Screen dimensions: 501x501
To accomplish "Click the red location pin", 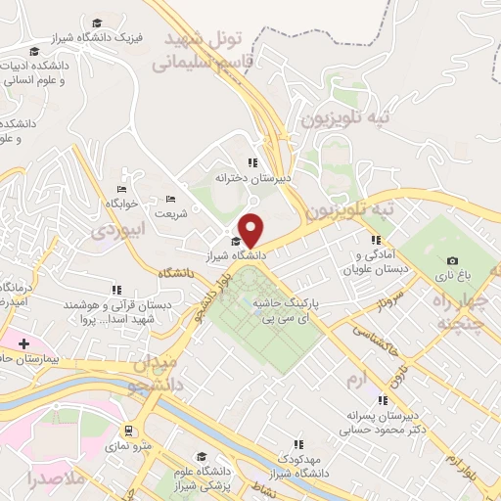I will [x=251, y=229].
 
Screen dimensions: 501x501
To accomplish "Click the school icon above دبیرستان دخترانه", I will [x=252, y=163].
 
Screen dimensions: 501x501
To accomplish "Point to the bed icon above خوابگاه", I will [x=122, y=189].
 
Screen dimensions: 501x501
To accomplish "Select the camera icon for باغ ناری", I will [x=451, y=260].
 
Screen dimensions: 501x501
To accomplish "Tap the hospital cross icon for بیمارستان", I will [x=23, y=343].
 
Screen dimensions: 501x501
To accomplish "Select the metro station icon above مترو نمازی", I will [x=128, y=430].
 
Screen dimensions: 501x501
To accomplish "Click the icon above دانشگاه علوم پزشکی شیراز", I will [x=202, y=457].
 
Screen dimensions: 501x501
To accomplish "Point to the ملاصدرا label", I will [x=35, y=480].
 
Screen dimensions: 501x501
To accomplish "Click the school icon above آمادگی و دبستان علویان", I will [x=375, y=240].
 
